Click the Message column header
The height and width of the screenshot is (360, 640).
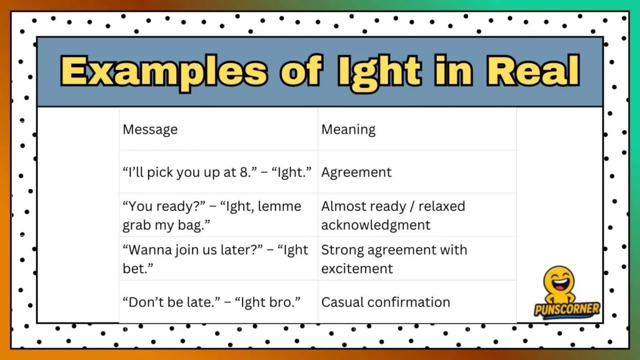point(150,129)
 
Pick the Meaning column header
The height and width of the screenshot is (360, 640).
point(348,129)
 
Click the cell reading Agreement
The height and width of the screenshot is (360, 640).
point(356,172)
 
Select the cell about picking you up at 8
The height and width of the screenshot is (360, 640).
point(217,172)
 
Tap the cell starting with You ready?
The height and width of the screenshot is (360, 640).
point(212,215)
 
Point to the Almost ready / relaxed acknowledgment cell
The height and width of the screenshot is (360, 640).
point(393,215)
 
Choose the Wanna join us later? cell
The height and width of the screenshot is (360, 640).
point(216,259)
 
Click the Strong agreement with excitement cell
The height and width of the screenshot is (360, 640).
point(394,259)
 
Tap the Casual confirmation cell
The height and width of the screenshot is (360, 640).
point(386,302)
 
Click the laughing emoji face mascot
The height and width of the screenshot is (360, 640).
point(559,284)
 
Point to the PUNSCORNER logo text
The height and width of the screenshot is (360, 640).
point(567,309)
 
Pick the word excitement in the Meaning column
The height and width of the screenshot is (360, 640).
point(357,269)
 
